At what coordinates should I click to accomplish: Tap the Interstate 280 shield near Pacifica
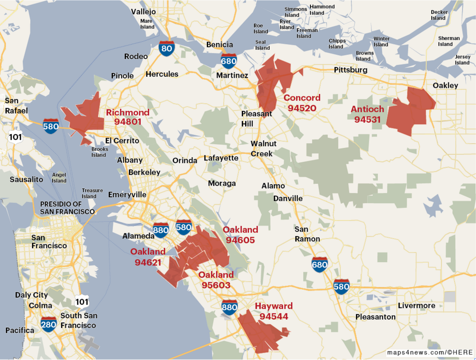49,324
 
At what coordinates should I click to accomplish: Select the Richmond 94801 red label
127,117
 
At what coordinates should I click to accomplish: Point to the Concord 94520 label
302,103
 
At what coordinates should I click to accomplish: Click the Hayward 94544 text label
274,311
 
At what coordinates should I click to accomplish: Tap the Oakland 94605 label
240,235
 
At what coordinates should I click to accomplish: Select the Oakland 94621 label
148,257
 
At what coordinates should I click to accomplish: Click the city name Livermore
416,306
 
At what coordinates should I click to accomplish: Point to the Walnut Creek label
264,148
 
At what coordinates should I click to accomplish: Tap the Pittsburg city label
350,70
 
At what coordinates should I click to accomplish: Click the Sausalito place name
26,179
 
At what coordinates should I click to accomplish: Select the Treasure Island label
92,193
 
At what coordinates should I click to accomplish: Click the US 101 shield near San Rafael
15,136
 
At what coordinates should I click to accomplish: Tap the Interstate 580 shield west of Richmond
51,126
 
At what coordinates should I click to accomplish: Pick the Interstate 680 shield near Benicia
228,61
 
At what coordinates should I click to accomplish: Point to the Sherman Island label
449,41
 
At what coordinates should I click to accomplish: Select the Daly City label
31,295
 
